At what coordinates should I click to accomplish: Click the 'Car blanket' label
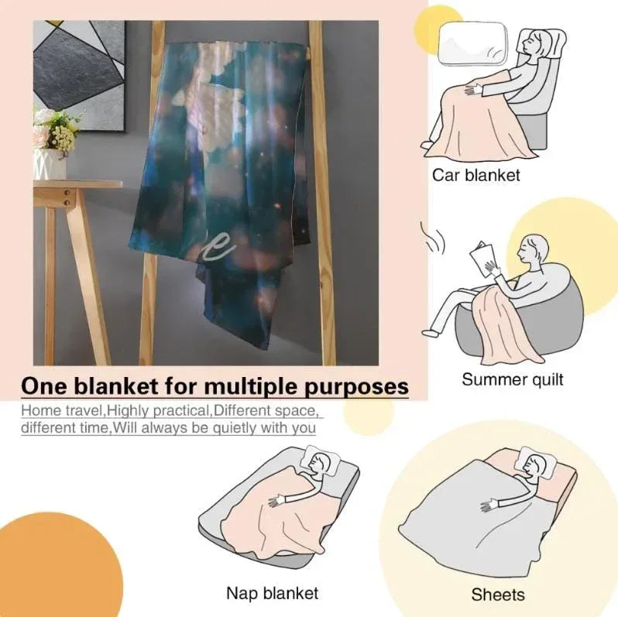tap(476, 175)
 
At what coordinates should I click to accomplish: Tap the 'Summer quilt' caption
tap(513, 380)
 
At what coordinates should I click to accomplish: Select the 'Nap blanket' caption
tap(272, 592)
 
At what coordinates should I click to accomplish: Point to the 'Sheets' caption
tap(498, 595)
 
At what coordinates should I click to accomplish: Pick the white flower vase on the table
tap(50, 163)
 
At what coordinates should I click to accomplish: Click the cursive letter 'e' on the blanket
tap(218, 247)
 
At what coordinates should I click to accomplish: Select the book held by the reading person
tap(482, 259)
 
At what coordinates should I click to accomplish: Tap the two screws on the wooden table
tap(67, 197)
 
